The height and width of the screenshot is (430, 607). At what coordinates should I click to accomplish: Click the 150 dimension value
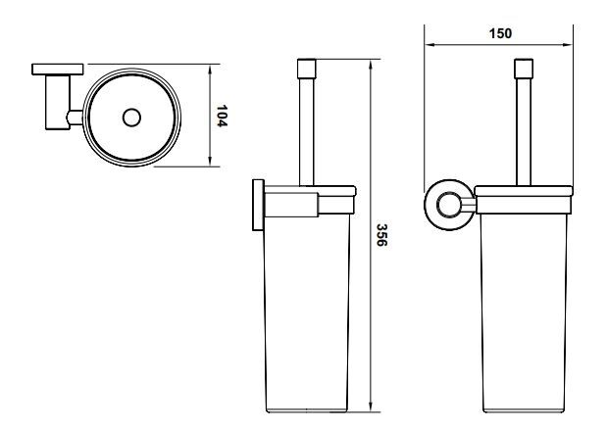tap(500, 33)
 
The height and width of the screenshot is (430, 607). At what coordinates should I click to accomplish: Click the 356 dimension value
tap(381, 235)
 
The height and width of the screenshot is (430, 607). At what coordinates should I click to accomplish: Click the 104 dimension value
tap(222, 116)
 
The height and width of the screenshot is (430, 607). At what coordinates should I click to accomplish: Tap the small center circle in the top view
tap(131, 118)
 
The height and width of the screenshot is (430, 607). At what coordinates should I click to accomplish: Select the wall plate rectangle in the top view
tap(58, 70)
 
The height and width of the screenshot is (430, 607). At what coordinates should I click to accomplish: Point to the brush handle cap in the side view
tap(307, 69)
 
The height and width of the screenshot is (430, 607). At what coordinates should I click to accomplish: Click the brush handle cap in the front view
tap(524, 69)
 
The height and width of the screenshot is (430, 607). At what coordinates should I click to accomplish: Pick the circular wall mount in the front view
tap(449, 205)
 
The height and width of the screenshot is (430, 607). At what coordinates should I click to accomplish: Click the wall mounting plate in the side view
tap(258, 205)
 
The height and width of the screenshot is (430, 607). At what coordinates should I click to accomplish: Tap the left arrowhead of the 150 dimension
tap(429, 45)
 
